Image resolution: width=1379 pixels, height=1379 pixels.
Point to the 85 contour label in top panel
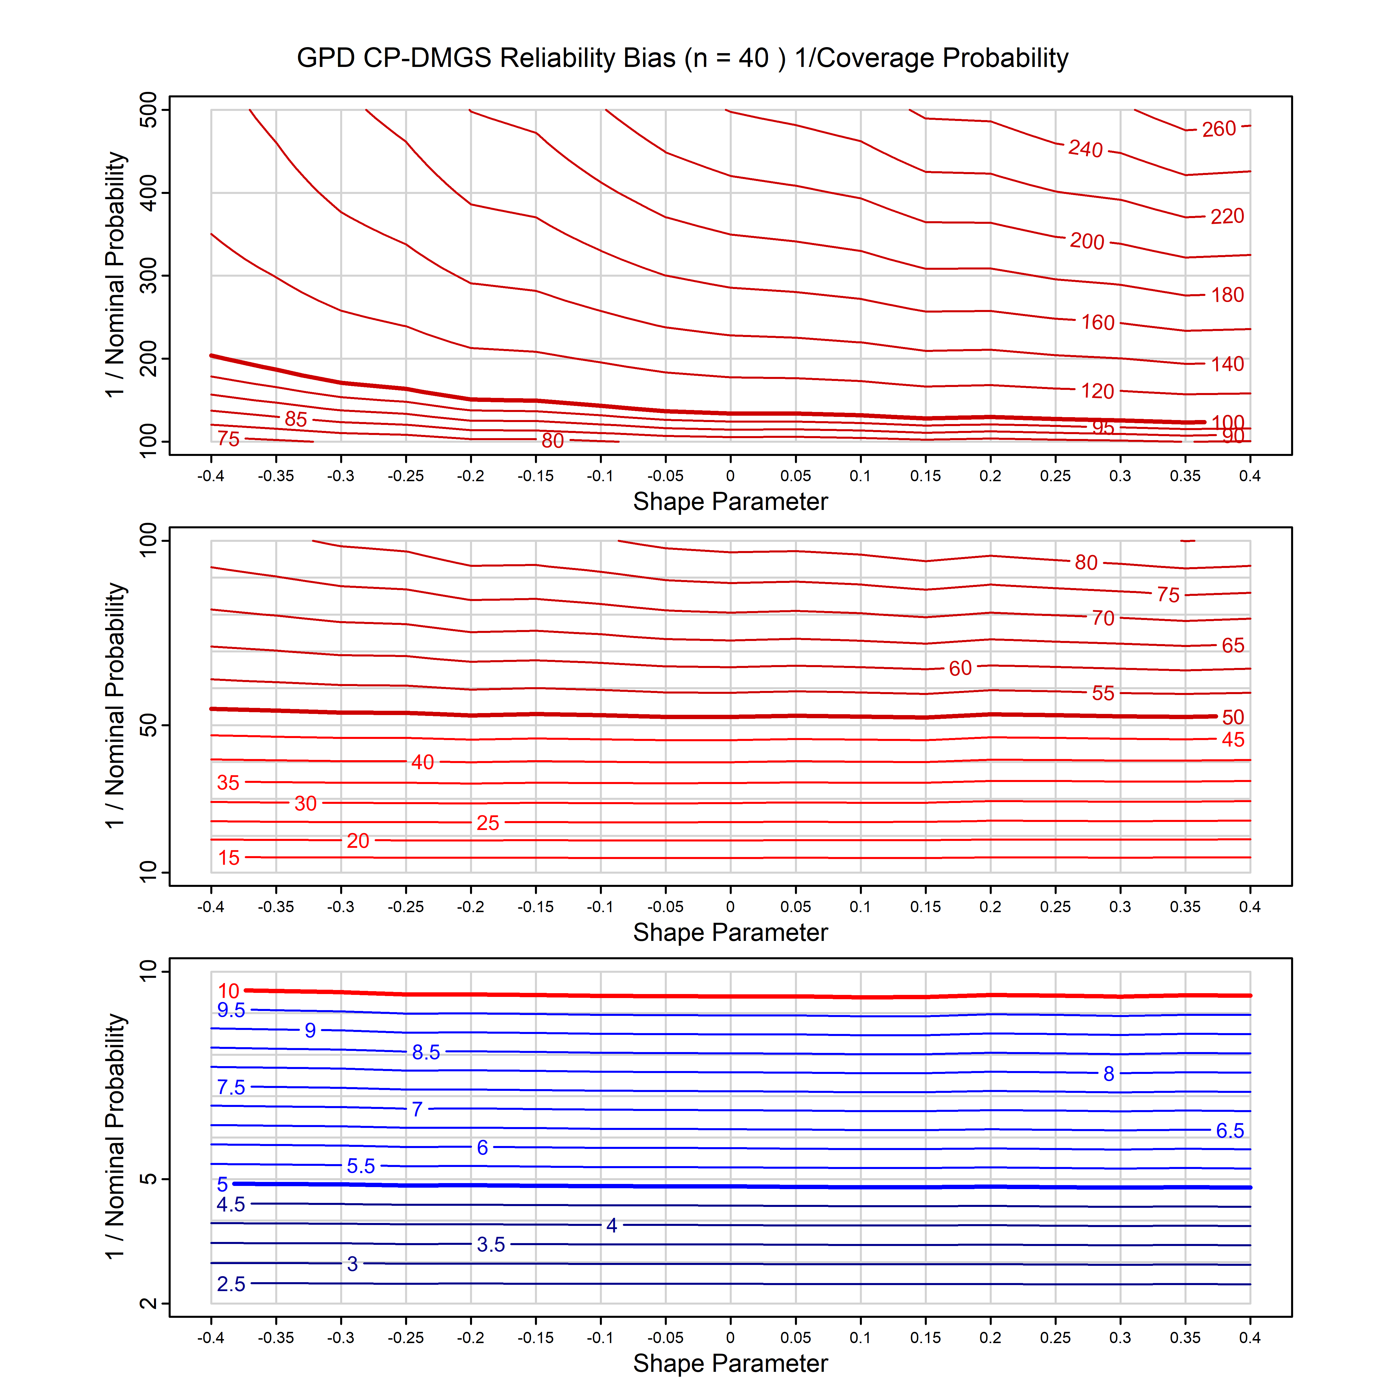(x=296, y=419)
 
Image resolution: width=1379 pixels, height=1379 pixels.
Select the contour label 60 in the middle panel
(x=960, y=668)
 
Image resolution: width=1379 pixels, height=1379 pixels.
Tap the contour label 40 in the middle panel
(x=423, y=762)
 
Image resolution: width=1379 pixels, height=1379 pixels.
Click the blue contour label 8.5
(x=426, y=1052)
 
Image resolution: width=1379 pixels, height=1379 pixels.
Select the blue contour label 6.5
(x=1230, y=1130)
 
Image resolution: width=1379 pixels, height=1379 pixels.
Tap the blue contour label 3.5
(x=491, y=1245)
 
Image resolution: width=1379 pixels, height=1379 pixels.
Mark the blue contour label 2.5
(x=230, y=1284)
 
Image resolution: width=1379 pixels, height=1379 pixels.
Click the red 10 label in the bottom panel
(x=228, y=991)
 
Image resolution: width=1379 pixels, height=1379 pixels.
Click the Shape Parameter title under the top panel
(x=730, y=502)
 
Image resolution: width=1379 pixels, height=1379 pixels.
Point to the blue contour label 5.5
(x=361, y=1166)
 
